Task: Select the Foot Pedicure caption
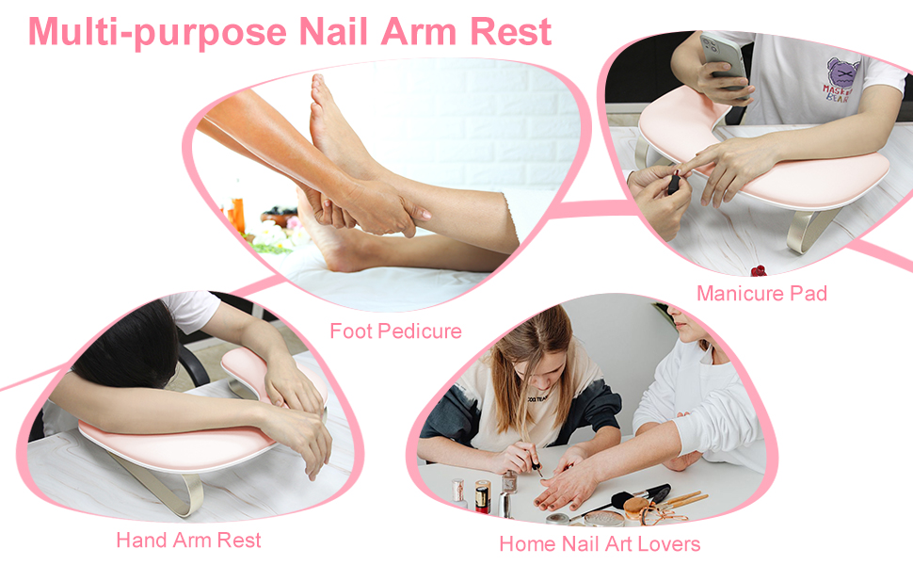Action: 395,331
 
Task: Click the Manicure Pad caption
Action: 761,294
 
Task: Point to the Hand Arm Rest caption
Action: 188,541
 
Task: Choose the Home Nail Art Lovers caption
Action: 600,544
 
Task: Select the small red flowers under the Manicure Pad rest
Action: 759,271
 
